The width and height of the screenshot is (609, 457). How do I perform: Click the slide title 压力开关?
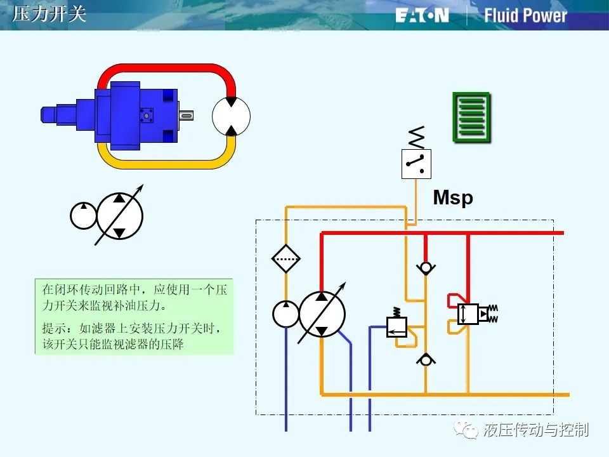point(49,13)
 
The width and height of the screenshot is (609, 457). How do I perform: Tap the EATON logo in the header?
point(422,15)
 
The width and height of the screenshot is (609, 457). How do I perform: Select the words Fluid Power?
point(525,15)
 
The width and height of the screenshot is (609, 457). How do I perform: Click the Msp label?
point(453,198)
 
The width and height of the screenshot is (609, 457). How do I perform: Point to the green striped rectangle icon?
point(472,117)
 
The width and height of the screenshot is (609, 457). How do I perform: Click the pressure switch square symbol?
point(416,164)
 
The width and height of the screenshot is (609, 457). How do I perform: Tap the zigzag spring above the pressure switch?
point(416,138)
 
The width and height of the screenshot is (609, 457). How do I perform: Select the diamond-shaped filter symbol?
point(286,258)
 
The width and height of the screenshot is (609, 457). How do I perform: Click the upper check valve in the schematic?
point(426,268)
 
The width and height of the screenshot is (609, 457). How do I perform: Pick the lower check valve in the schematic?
point(426,360)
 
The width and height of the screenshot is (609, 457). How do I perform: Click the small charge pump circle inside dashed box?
point(286,314)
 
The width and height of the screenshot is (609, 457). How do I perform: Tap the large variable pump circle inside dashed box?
point(322,314)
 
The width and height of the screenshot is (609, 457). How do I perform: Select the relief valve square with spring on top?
point(396,327)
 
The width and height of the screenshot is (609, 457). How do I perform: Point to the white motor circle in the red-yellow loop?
point(231,116)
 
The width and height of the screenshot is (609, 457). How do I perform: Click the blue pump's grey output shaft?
point(186,116)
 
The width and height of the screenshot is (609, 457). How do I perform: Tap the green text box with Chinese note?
point(134,316)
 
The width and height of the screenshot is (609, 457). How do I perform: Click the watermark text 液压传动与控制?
point(536,430)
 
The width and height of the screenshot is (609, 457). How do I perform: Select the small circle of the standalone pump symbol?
point(84,216)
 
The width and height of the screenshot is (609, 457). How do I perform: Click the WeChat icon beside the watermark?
point(466,430)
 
